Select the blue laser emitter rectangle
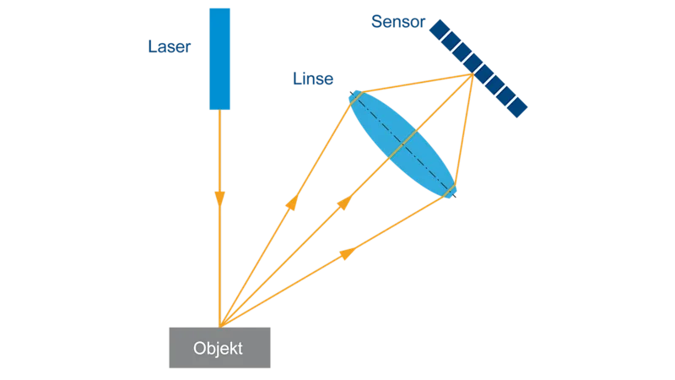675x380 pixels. coord(221,59)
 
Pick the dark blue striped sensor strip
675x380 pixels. coord(480,68)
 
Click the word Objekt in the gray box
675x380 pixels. coord(219,349)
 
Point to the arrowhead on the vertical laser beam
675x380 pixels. coord(220,198)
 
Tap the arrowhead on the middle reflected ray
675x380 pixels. coord(344,203)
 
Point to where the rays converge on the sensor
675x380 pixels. coord(471,76)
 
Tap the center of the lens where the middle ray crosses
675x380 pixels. coord(402,144)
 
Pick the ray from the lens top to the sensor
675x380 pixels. coord(413,85)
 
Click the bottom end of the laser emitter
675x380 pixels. coord(221,109)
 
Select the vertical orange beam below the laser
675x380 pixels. coord(220,253)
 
